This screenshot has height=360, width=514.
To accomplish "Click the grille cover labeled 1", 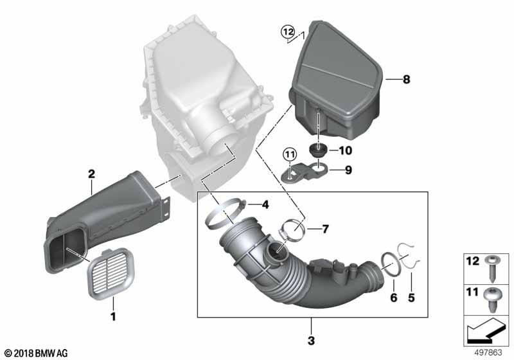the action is [111, 274].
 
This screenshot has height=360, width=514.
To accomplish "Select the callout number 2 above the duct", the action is [91, 174].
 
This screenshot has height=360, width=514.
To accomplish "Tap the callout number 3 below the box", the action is [311, 340].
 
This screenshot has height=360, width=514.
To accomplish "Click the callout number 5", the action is [411, 298].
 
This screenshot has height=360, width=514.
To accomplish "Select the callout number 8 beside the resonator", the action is [407, 79].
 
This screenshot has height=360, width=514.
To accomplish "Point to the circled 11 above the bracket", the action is [290, 154].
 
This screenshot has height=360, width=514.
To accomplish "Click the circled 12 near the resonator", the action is [288, 32].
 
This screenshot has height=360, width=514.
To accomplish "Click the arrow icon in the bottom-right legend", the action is [484, 330].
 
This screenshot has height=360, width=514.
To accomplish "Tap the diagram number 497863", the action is [488, 353].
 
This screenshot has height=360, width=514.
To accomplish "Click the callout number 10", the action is [345, 150].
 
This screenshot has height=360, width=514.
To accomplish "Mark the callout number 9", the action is [348, 170].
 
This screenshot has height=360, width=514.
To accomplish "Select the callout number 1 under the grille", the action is [113, 317].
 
